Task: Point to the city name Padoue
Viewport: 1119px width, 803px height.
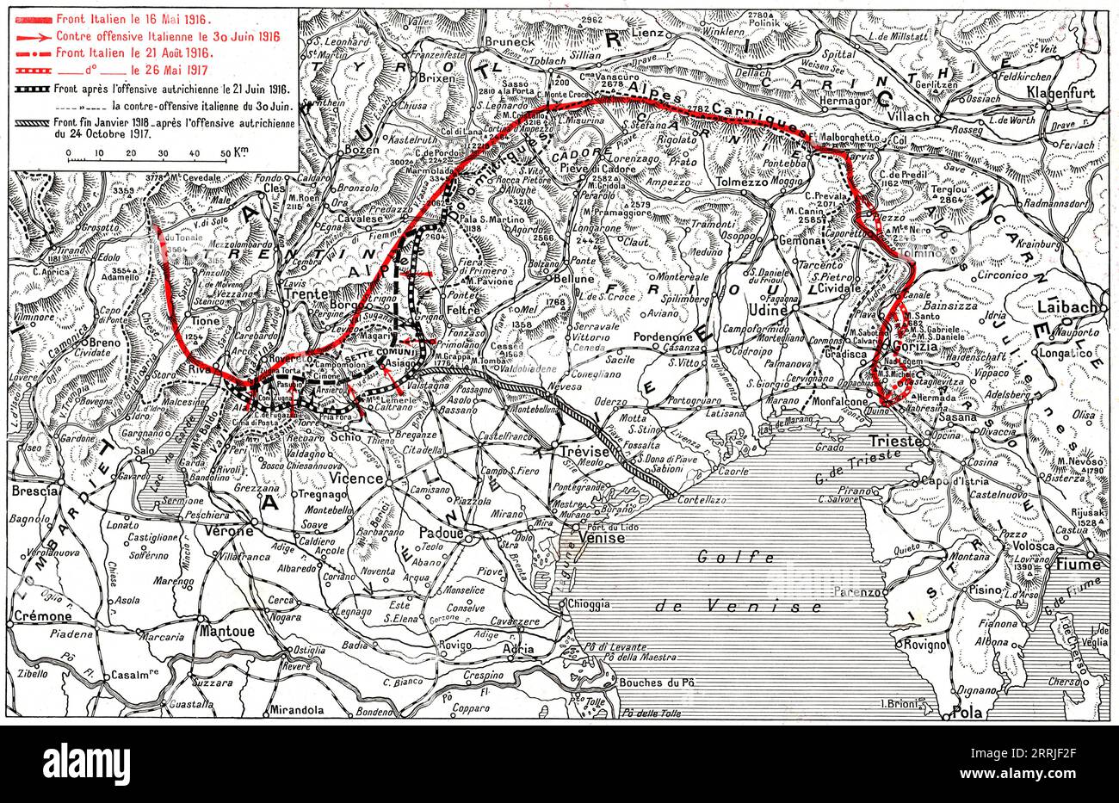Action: pyautogui.click(x=440, y=534)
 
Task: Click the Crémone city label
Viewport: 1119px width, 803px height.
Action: pyautogui.click(x=42, y=616)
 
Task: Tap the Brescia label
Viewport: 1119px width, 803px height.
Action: pyautogui.click(x=35, y=491)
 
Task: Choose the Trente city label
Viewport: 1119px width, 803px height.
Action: pyautogui.click(x=306, y=293)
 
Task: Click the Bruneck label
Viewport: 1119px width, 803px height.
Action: pyautogui.click(x=487, y=40)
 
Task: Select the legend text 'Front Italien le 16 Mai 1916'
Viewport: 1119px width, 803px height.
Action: pyautogui.click(x=136, y=19)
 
